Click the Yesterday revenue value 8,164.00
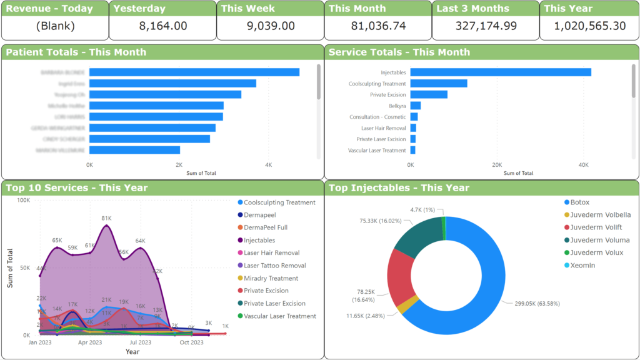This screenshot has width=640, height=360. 162,26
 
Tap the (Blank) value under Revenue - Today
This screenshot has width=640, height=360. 55,26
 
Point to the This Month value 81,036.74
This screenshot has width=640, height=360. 377,26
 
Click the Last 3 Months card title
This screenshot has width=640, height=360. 472,9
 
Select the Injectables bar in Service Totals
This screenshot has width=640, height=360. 500,72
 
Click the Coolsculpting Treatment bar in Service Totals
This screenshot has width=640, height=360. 439,84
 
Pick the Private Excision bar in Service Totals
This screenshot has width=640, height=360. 429,95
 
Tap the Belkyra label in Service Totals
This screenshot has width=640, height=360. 397,106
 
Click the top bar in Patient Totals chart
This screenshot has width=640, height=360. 194,72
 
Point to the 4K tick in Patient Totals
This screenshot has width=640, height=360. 268,165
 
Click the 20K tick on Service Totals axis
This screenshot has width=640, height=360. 496,165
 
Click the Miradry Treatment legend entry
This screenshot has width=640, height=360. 271,278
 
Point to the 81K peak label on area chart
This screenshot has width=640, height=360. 106,218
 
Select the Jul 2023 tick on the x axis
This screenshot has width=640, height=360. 141,342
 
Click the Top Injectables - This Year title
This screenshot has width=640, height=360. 399,187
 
